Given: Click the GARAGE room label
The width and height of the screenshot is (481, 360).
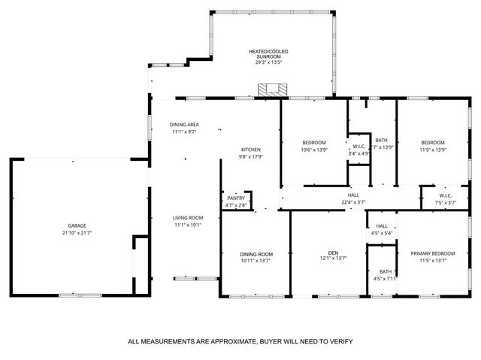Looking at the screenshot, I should point(77,226).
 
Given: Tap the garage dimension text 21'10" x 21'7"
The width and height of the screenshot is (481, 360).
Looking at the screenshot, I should point(77,234).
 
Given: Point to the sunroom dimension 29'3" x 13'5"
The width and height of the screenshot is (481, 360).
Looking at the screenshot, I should point(268,62).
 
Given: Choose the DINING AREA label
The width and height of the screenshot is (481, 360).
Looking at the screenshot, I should point(184,125).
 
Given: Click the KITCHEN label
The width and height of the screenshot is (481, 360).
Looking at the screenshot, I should point(250,149).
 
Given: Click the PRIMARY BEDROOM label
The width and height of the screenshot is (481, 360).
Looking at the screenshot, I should point(433,253).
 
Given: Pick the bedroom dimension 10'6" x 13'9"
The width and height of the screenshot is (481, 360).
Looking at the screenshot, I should point(314,150).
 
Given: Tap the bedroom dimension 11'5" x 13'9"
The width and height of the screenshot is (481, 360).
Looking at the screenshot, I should point(433,150).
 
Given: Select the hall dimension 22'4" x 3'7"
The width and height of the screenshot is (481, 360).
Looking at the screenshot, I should point(353,202).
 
